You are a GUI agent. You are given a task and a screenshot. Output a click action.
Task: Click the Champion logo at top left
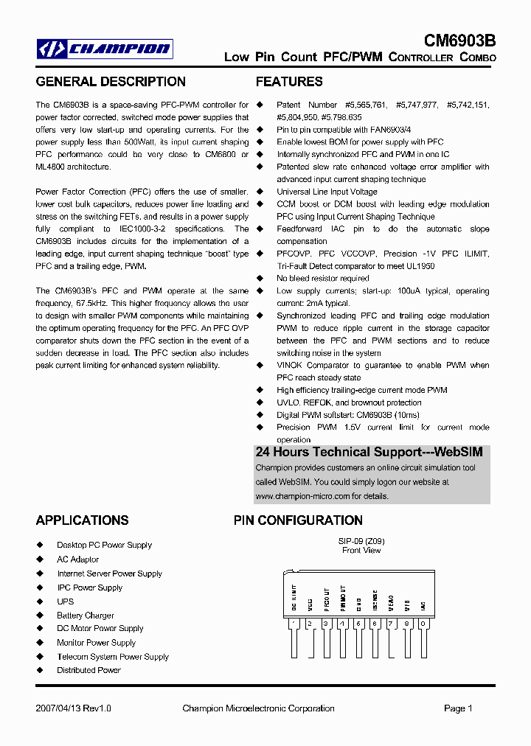tap(105, 49)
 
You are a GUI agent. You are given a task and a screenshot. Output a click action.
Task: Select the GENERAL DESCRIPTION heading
tap(111, 82)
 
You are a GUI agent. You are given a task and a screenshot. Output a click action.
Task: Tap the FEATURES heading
tap(289, 82)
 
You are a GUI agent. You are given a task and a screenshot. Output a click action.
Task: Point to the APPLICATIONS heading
tap(82, 520)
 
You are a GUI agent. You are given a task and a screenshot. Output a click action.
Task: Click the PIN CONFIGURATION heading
tap(298, 520)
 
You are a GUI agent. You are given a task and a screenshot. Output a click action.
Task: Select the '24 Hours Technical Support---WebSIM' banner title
tap(369, 452)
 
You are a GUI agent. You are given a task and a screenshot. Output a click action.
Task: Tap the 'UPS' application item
tap(66, 602)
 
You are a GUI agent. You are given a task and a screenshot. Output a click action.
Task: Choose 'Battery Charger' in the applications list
tap(86, 616)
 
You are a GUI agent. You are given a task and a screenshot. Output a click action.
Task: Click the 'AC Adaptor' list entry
tap(78, 559)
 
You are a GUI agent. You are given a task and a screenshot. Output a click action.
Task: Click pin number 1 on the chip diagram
tap(294, 624)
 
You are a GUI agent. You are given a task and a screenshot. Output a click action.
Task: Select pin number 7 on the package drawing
tap(391, 624)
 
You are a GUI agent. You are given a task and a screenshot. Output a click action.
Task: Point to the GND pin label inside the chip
tap(358, 604)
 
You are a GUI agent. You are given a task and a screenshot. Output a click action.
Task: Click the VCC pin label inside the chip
tap(310, 604)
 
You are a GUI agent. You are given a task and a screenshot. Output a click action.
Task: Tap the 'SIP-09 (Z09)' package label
tap(361, 541)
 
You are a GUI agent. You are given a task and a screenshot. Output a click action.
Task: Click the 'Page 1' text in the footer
tap(458, 708)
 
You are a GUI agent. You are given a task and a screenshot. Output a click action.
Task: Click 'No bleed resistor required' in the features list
tap(323, 279)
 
